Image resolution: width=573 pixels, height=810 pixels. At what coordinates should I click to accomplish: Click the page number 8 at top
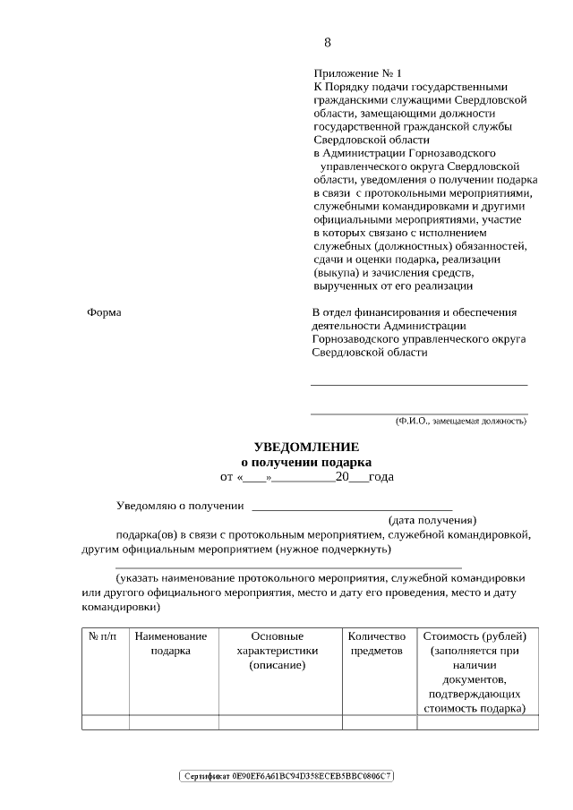pos(328,42)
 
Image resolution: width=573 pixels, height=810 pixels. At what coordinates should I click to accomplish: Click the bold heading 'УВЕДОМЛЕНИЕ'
pos(306,447)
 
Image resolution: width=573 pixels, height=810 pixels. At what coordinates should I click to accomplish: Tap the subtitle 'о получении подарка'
pos(306,462)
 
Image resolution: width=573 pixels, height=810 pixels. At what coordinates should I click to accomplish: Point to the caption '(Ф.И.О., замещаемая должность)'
pos(461,421)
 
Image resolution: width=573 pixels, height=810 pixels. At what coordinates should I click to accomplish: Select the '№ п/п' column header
pos(105,636)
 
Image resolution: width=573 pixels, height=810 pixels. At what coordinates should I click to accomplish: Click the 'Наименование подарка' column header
pos(170,644)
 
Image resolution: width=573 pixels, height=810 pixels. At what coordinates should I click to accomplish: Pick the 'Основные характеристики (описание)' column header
pos(278,651)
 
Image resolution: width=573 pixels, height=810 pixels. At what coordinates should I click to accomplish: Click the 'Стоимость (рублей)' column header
pos(475,636)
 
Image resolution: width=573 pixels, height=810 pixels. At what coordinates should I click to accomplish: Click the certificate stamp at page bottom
pos(286,775)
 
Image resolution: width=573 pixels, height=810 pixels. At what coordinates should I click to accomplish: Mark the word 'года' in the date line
pos(381,477)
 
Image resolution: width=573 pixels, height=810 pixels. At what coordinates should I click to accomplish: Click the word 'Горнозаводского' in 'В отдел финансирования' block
pos(355,340)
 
